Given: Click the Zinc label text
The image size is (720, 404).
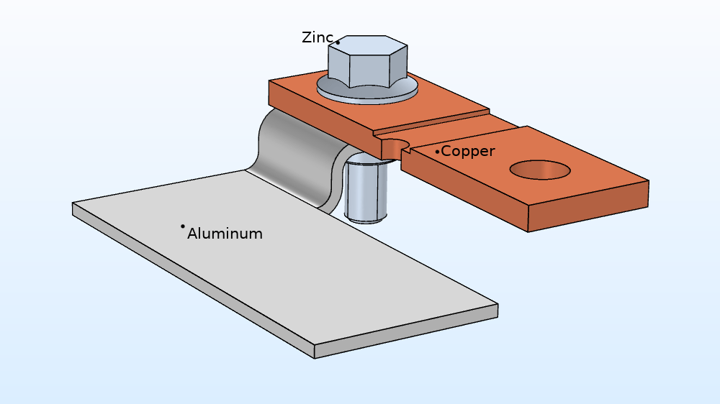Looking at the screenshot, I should tap(316, 37).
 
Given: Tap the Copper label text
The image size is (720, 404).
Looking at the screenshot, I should tap(468, 151).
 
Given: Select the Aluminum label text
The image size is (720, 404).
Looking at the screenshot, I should tap(225, 234).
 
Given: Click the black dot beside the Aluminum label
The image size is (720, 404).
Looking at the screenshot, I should tap(183, 226).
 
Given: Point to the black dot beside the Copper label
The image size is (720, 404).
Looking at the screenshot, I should tap(437, 152).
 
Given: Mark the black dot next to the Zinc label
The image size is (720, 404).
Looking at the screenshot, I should tap(338, 42).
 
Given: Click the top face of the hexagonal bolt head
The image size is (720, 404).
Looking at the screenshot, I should tap(367, 45).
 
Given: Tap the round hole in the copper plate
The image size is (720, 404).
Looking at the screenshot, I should tap(540, 170).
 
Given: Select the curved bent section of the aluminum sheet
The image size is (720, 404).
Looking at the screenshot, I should tap(295, 155).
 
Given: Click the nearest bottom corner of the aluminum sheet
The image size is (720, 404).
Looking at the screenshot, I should tap(315, 354).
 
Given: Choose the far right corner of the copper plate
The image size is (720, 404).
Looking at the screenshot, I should tap(648, 182).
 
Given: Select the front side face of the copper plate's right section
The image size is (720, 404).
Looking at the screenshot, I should tap(587, 208).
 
